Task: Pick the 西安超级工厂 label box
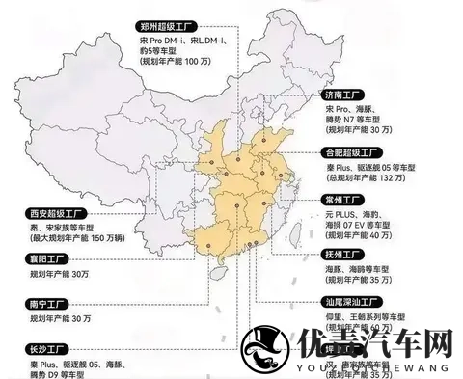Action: point(48,213)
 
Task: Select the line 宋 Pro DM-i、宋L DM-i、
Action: point(179,33)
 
